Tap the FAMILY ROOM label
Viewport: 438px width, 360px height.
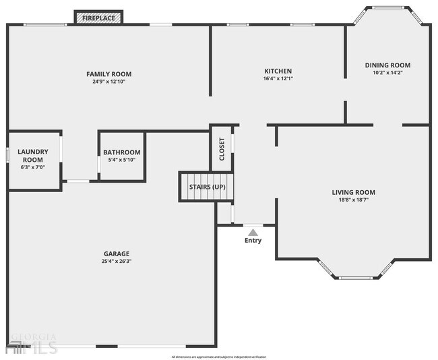point(108,74)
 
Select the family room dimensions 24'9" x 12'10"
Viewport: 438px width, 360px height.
point(108,82)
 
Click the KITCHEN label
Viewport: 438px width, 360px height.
point(278,71)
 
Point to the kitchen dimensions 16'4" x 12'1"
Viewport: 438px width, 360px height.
point(278,78)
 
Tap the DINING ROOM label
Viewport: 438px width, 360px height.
point(387,65)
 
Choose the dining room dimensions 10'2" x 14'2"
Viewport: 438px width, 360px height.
point(387,73)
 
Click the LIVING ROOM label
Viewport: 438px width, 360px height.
point(354,192)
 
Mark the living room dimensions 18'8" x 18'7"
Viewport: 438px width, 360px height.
point(354,200)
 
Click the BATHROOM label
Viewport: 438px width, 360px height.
point(122,152)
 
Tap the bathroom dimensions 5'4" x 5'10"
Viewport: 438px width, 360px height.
point(122,160)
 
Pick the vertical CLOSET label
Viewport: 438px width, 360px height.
point(222,149)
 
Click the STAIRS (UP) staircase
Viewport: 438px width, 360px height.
point(206,187)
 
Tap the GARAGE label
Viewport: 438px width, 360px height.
point(117,254)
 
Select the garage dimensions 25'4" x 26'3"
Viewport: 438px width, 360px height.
point(117,262)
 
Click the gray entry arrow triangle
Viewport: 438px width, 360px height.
point(253,232)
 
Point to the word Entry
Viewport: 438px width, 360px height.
point(253,241)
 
